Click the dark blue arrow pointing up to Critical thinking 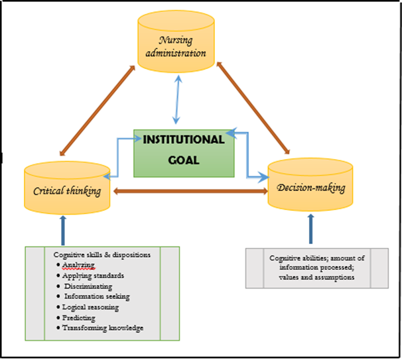click(63, 229)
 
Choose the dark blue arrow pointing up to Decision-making click(310, 229)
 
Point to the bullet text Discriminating click(90, 286)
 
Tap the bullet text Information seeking click(97, 296)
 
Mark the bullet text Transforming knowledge click(102, 328)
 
